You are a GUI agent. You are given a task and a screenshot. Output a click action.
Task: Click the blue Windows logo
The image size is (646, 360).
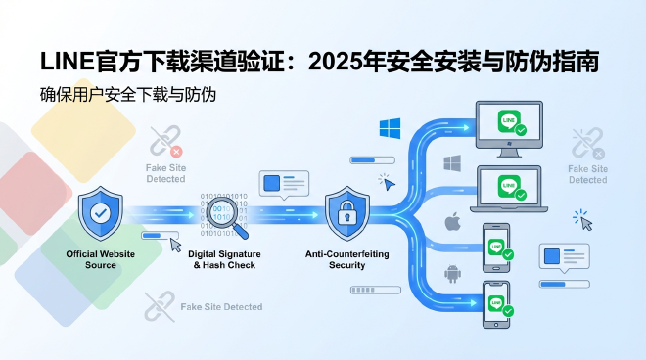point(390,127)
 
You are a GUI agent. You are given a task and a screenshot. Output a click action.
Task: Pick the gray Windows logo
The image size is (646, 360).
point(452,162)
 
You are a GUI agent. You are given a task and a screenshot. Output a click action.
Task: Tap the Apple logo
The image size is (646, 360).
point(452,222)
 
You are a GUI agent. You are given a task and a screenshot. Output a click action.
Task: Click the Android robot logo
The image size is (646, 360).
point(452,273)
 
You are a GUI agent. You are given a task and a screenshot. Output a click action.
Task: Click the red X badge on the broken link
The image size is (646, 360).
point(176,152)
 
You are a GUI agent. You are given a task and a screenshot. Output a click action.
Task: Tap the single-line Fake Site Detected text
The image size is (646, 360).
point(221,307)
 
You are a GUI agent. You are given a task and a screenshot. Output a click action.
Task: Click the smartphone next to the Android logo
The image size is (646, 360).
point(497,302)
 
